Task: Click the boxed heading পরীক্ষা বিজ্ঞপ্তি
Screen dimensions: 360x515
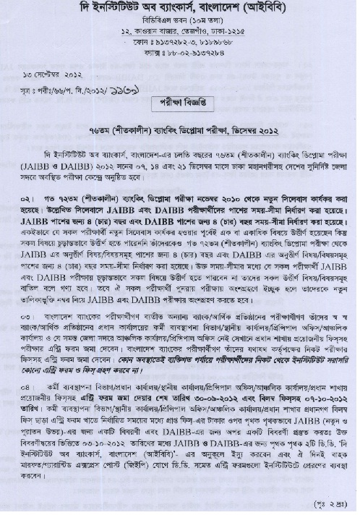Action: [179, 103]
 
